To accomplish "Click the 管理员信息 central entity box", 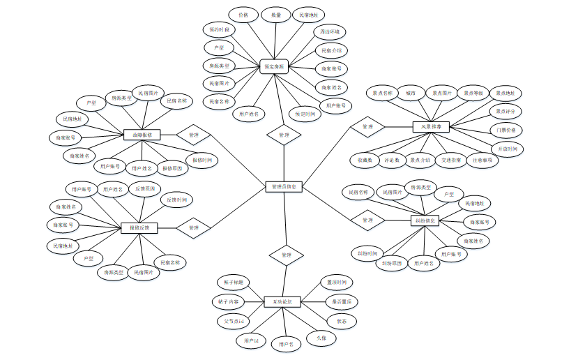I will [284, 187].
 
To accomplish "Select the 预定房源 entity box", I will [273, 66].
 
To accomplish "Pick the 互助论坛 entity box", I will [282, 302].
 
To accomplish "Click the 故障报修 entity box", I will [142, 134].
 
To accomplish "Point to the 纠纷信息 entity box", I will [425, 220].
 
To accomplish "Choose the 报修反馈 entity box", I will [139, 227].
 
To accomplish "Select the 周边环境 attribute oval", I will [329, 32].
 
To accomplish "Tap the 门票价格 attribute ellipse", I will [506, 130].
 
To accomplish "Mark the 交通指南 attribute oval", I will [450, 160].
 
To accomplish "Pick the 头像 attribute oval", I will [321, 338].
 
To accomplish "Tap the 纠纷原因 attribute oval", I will [392, 264].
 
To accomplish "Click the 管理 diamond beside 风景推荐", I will [368, 127].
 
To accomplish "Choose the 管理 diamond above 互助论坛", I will [286, 255].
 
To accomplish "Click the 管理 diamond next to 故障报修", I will [194, 134].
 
